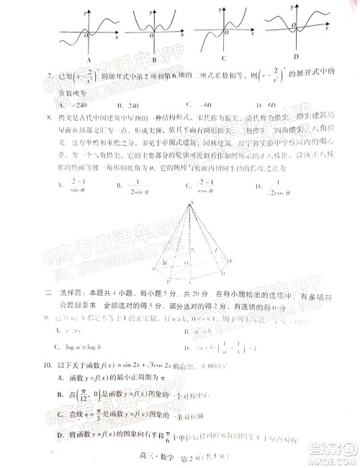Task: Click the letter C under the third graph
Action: [x=225, y=59]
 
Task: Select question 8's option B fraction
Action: [x=137, y=189]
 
